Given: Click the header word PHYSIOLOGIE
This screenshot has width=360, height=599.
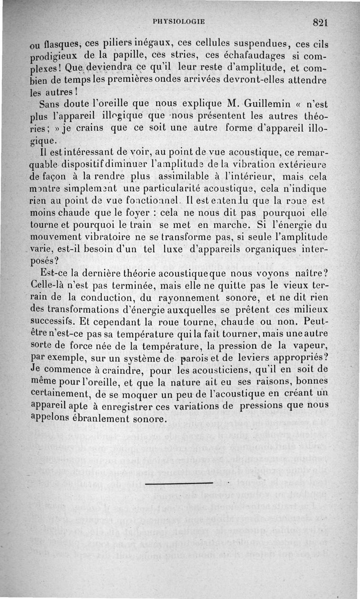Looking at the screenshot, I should (179, 21).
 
